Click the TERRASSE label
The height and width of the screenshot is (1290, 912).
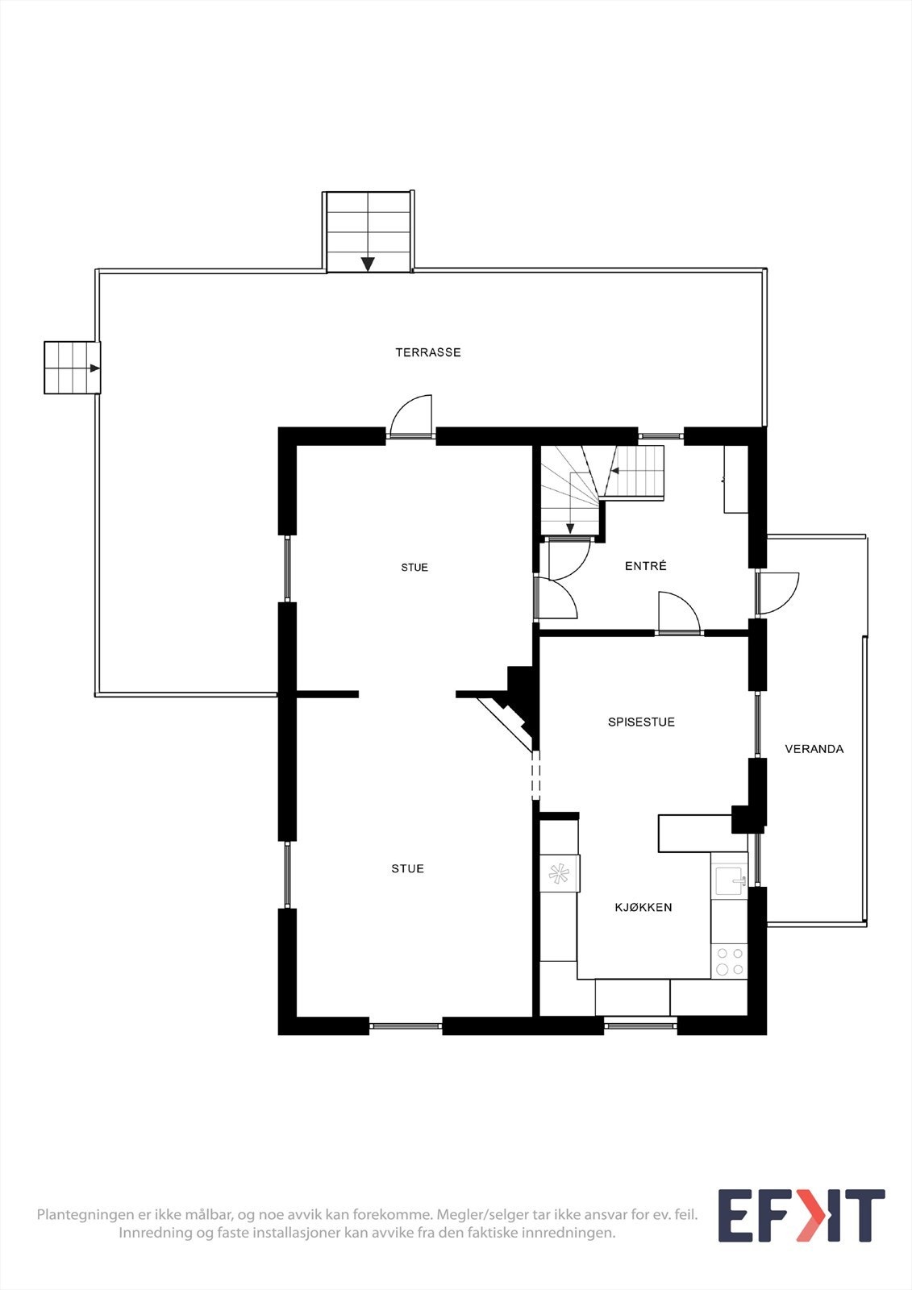(x=428, y=352)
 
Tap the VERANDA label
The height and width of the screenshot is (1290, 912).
(x=814, y=749)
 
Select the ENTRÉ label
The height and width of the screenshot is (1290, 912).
(x=645, y=566)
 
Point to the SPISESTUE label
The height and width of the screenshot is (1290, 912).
(x=641, y=722)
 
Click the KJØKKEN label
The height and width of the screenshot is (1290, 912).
(x=643, y=907)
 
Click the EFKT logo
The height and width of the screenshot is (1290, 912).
(x=801, y=1216)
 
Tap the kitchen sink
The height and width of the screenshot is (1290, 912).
(x=730, y=880)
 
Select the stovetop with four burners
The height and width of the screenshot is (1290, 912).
(x=730, y=962)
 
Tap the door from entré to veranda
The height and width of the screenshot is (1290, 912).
(x=777, y=593)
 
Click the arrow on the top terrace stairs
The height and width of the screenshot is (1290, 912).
(x=368, y=264)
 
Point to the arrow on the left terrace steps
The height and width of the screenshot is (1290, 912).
(x=94, y=368)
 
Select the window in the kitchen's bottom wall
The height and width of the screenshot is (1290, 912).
(x=640, y=1026)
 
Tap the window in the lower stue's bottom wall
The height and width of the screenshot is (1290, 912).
(x=406, y=1026)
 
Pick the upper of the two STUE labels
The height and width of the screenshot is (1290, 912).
(x=414, y=568)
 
